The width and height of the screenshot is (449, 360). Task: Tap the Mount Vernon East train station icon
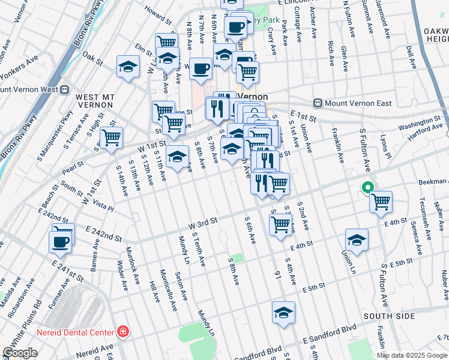(x=319, y=103)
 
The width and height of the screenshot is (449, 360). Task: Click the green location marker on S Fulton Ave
(x=367, y=188)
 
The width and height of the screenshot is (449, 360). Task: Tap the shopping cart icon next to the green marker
(x=381, y=202)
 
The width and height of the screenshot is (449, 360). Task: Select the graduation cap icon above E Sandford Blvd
(x=283, y=312)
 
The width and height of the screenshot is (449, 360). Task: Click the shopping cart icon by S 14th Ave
(x=112, y=138)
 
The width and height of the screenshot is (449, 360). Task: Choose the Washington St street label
(x=418, y=125)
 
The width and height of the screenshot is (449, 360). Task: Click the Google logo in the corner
(x=20, y=353)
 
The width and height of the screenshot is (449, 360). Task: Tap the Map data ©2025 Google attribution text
(x=412, y=355)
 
